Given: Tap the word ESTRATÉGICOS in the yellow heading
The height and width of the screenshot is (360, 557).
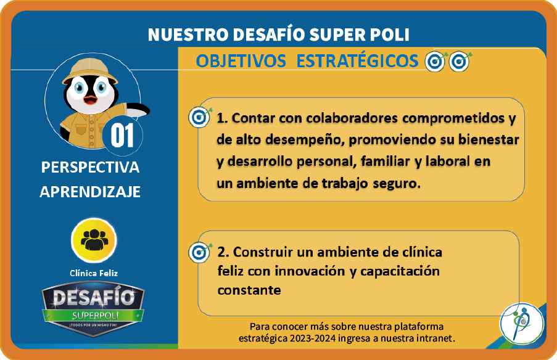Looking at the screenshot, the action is coord(357,60).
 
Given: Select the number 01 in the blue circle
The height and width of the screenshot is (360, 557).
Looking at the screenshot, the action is coord(122,135).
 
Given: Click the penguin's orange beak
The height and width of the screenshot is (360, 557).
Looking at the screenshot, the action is coord(91,99).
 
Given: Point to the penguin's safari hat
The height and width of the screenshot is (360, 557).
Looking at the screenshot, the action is coord(90,70).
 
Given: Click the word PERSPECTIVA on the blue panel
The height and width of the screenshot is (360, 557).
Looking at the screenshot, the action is coord(90,167).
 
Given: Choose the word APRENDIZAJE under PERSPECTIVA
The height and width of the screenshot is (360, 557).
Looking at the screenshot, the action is coord(90,192).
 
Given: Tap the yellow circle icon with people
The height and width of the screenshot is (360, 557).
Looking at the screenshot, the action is coord(94,240).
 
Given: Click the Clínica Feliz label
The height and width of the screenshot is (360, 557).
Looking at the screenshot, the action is coord(94,273).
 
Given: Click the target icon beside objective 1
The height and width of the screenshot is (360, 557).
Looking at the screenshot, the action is coord(200,117).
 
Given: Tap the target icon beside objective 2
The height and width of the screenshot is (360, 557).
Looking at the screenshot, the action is coord(200,252).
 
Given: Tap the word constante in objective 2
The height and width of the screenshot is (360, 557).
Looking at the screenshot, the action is coord(249,290).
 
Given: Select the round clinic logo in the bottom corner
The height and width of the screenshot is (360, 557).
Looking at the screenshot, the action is coord(521,323).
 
